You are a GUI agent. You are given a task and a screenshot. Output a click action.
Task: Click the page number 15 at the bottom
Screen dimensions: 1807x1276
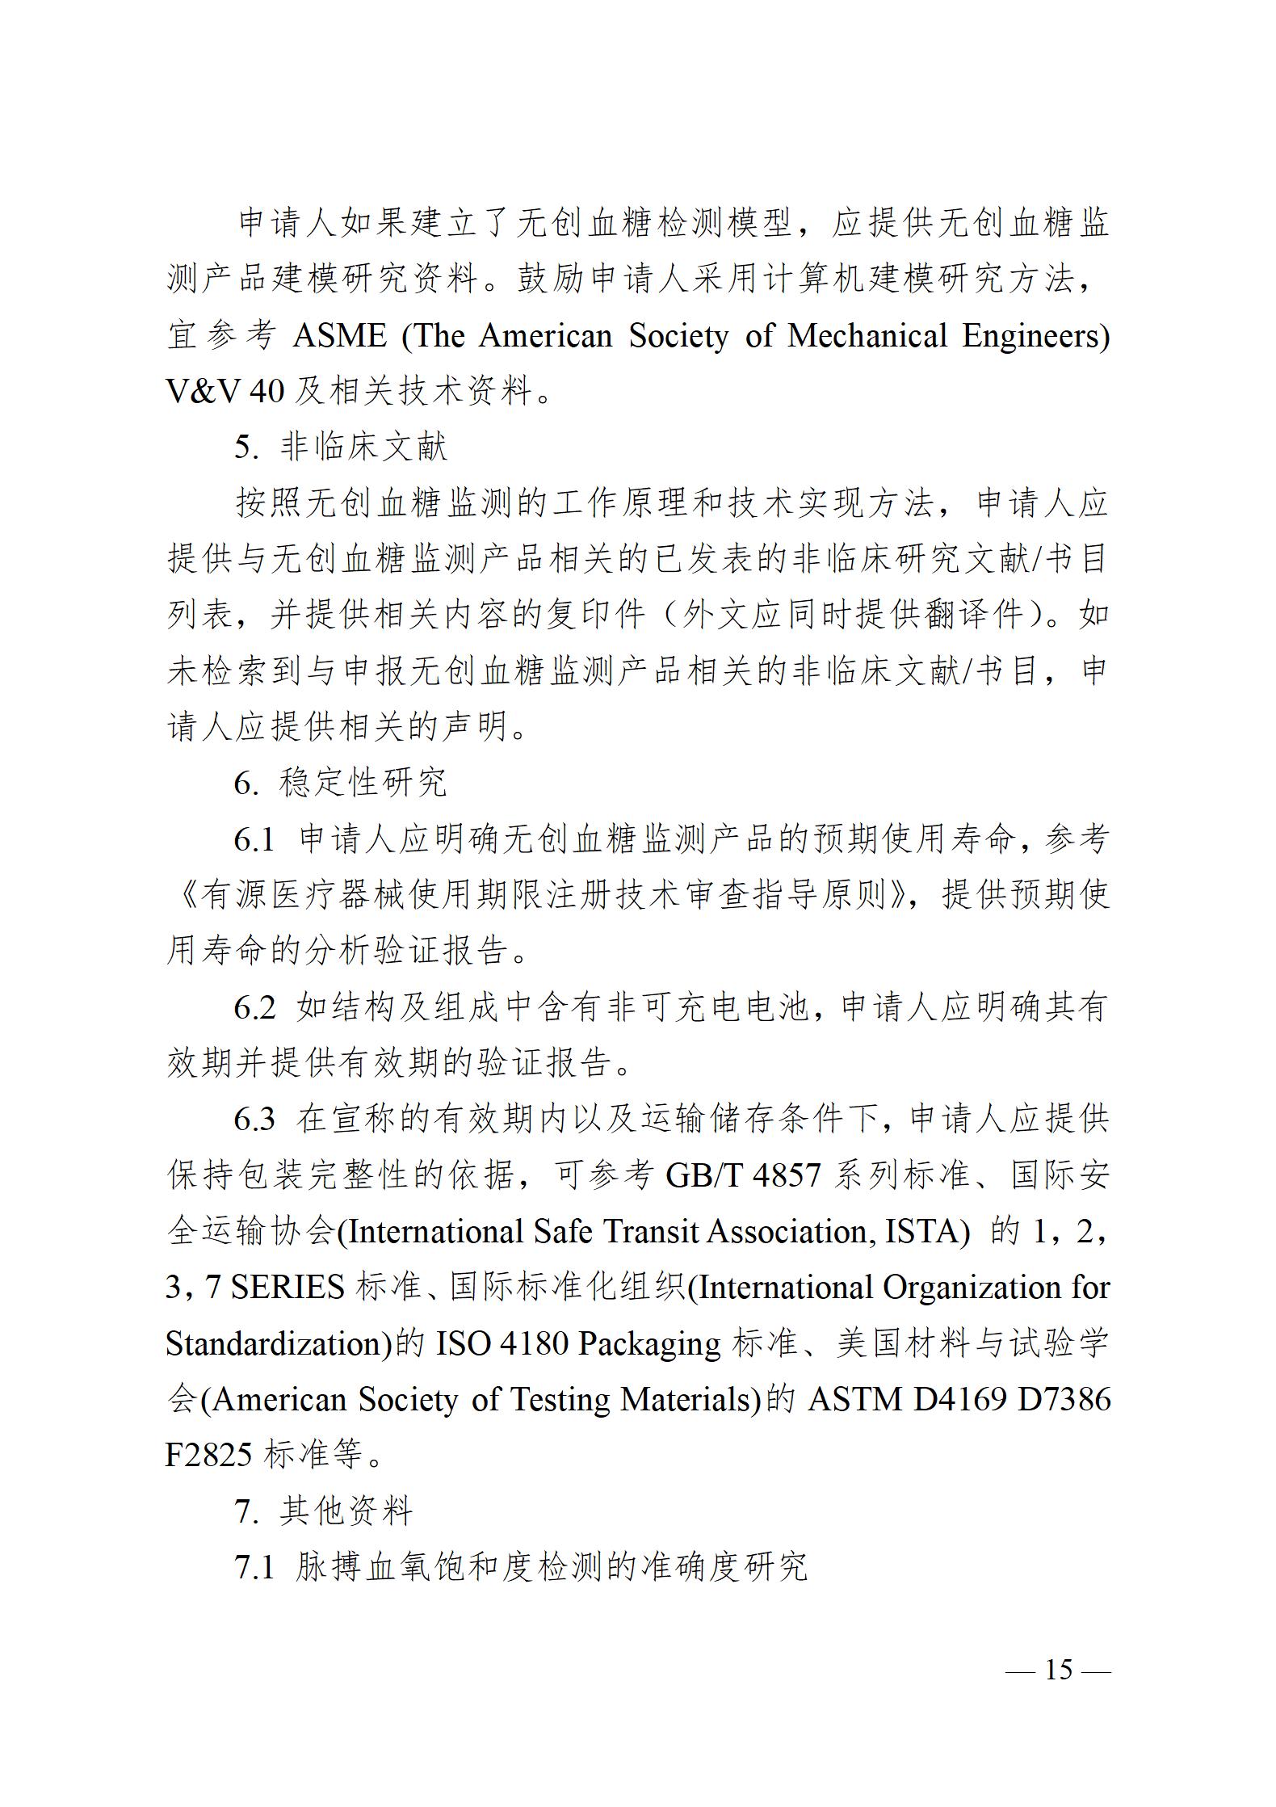1059,1670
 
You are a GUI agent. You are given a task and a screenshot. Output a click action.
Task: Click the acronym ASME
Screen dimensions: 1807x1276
340,336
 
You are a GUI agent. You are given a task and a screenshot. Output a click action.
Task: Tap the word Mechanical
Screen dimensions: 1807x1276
867,336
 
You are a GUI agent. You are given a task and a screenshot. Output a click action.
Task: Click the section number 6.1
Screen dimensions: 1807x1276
254,840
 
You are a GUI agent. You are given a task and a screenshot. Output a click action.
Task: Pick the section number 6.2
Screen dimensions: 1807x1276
254,1008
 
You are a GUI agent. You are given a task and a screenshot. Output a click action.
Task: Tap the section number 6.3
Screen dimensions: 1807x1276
254,1120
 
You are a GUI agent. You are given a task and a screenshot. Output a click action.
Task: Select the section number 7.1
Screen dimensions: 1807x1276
254,1567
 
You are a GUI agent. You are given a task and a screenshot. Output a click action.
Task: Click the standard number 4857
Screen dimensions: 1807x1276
787,1175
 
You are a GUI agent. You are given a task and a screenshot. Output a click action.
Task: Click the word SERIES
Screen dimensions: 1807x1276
288,1288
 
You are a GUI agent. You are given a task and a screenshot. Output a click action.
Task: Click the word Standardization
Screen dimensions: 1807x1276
273,1343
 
